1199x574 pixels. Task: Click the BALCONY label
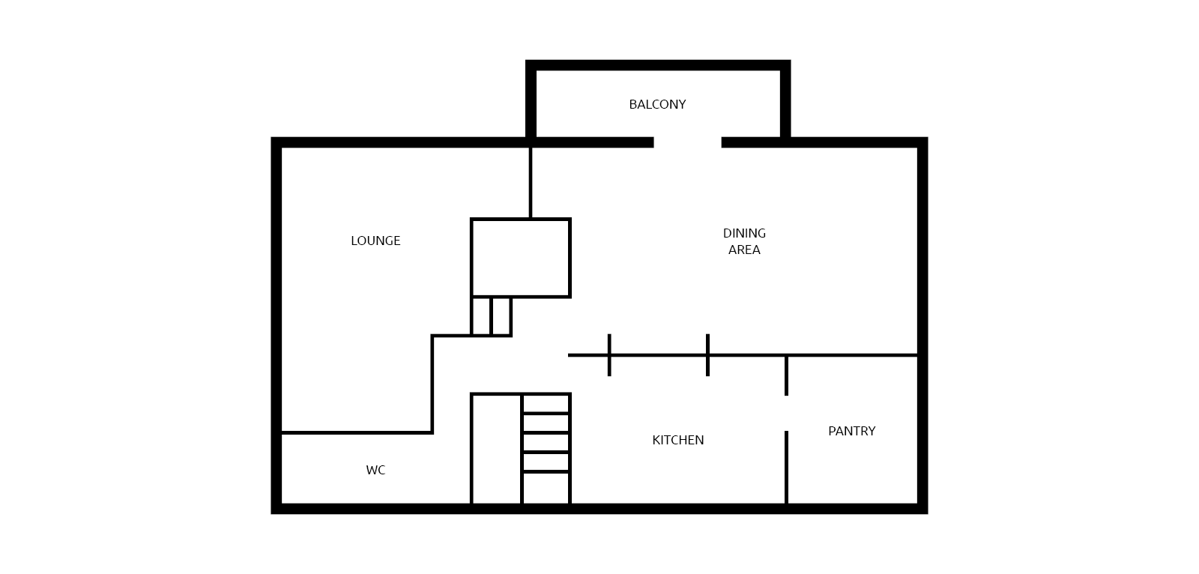657,104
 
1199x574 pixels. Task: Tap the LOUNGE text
375,241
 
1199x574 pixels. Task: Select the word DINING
744,234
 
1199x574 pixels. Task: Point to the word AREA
744,250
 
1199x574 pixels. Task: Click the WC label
375,470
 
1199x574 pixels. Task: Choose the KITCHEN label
677,440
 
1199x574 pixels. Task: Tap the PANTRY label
851,431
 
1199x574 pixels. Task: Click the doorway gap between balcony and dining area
687,142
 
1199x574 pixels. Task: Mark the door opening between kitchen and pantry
786,414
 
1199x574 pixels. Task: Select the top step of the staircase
546,404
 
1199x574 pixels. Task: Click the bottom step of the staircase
546,489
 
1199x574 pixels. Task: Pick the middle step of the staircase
546,443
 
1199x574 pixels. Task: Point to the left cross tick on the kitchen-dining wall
609,355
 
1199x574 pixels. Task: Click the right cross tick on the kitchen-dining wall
707,355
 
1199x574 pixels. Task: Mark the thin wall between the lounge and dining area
531,183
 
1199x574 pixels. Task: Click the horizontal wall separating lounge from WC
357,432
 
